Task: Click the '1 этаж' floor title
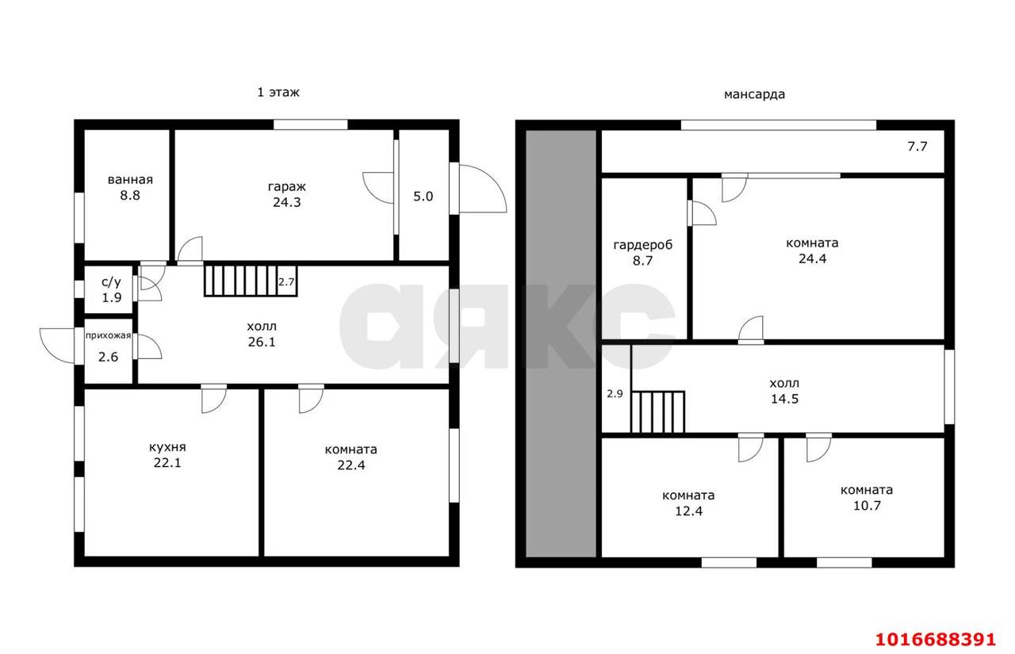[x=278, y=93]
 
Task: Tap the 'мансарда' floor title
[x=754, y=94]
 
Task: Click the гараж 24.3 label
[x=287, y=194]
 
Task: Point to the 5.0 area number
[x=423, y=197]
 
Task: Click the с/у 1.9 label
[x=112, y=290]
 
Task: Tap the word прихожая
[x=109, y=335]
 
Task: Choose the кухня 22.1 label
[x=167, y=455]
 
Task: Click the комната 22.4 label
[x=351, y=457]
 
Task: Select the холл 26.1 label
[x=262, y=334]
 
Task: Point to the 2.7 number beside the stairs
[x=286, y=282]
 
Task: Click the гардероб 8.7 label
[x=642, y=253]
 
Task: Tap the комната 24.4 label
[x=813, y=251]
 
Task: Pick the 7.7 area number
[x=917, y=147]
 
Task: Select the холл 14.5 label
[x=784, y=391]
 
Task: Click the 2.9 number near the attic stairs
[x=615, y=394]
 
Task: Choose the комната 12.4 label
[x=689, y=503]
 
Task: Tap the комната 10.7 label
[x=867, y=498]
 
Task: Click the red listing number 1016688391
[x=936, y=640]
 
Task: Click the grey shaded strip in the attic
[x=561, y=344]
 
